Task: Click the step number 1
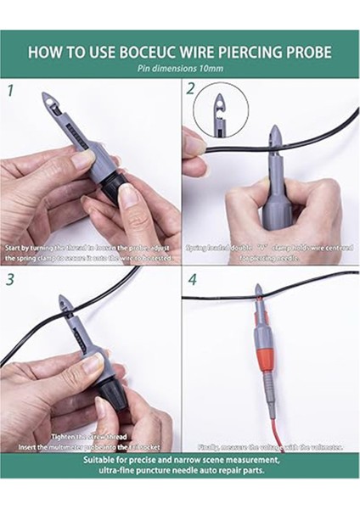[x=10, y=89]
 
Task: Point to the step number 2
[x=191, y=89]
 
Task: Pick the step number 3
[x=10, y=278]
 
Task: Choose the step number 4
[x=192, y=278]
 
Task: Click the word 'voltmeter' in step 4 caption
[x=322, y=447]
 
